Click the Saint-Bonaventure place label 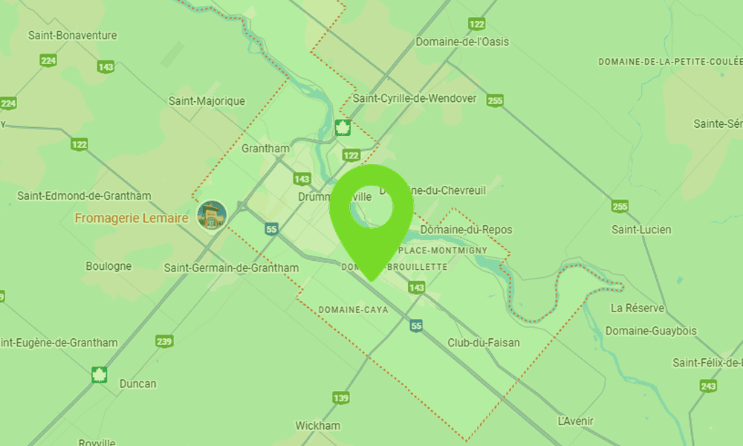click(x=72, y=35)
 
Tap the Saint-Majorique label click(x=207, y=101)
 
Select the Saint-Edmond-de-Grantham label click(x=84, y=196)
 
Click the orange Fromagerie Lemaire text click(x=131, y=219)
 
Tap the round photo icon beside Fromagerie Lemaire click(x=212, y=215)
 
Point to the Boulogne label click(x=108, y=266)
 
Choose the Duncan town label click(x=138, y=384)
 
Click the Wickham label click(x=317, y=426)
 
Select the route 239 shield click(x=165, y=341)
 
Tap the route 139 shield click(x=341, y=398)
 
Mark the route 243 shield click(x=708, y=386)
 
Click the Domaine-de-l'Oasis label click(x=462, y=42)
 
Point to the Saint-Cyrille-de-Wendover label click(x=415, y=98)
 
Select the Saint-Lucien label click(x=641, y=230)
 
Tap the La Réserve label click(x=637, y=308)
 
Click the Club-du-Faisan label click(x=484, y=343)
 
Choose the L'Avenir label click(x=576, y=421)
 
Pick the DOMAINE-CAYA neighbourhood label click(x=353, y=309)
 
